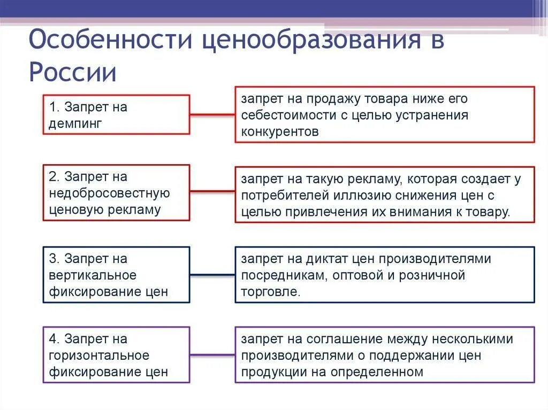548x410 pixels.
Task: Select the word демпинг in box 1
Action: [75, 123]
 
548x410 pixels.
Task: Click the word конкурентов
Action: [279, 131]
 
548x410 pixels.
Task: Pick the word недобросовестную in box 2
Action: [109, 193]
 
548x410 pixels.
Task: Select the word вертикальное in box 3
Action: [93, 275]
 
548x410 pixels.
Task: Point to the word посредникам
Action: [284, 276]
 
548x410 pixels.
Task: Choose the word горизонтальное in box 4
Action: [99, 355]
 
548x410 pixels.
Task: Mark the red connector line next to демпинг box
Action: [212, 114]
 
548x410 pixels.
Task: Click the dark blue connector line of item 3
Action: [212, 275]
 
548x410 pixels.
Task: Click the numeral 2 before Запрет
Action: [53, 176]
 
